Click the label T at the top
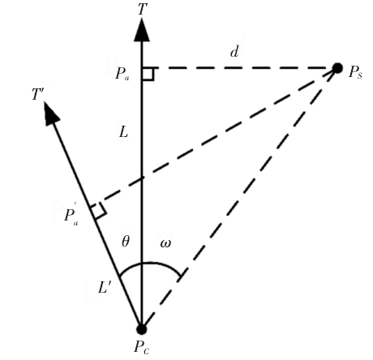(143, 9)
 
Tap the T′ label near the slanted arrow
(38, 94)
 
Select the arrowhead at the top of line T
(142, 30)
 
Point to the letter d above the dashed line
(234, 51)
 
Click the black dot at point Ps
(337, 68)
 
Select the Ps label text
(355, 72)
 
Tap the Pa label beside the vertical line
(122, 74)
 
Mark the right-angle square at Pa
(148, 74)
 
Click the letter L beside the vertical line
(123, 132)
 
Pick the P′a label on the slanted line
(71, 215)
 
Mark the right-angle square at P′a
(98, 210)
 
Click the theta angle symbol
(126, 241)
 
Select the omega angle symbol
(165, 243)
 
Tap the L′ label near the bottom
(105, 288)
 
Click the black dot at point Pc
(141, 329)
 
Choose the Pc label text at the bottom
(142, 347)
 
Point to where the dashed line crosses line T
(142, 178)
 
